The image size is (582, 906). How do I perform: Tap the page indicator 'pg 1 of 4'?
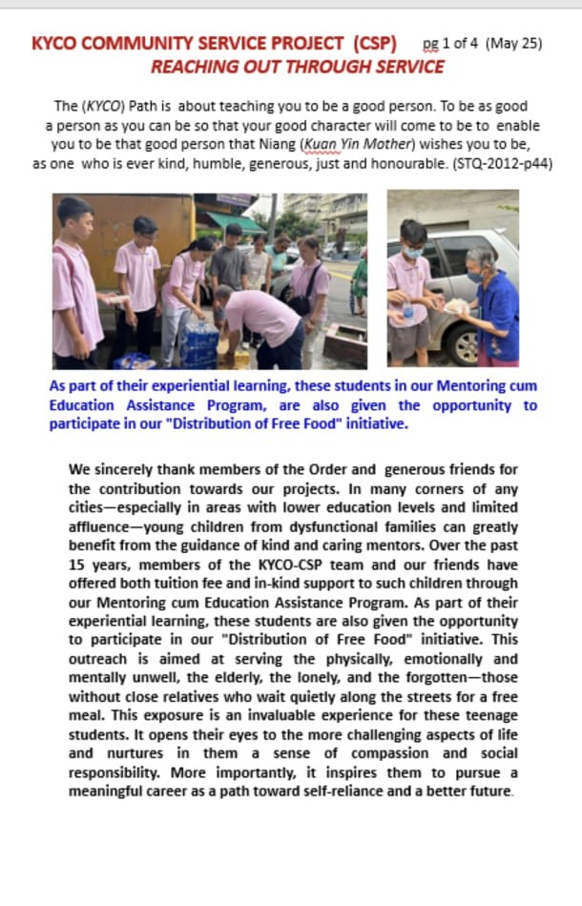click(x=451, y=45)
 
